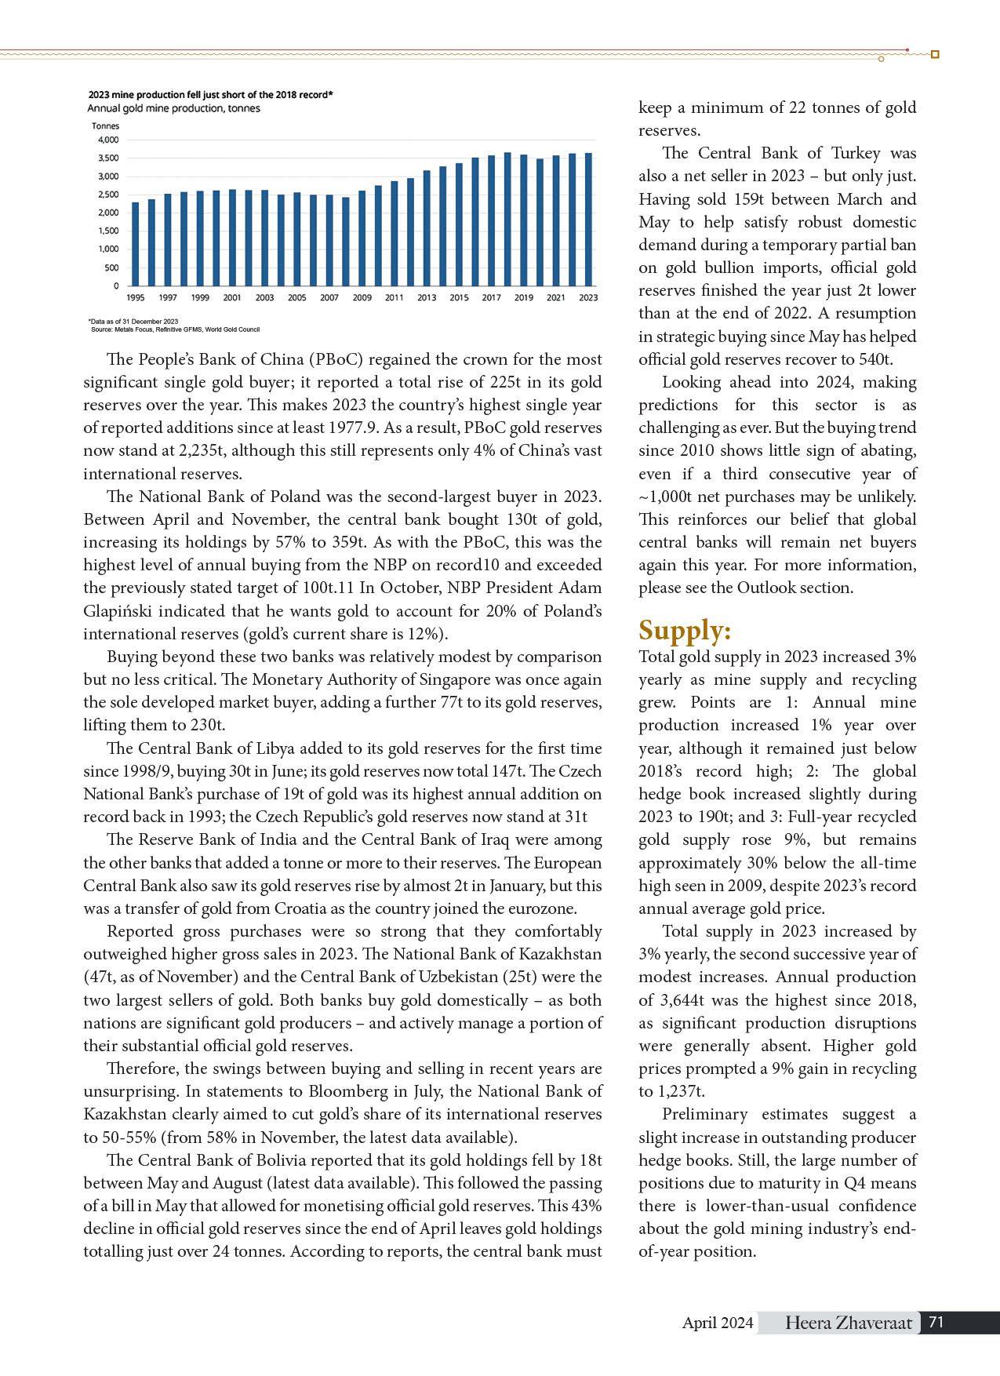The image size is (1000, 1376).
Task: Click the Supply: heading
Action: coord(685,631)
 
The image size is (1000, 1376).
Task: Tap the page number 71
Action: coord(936,1322)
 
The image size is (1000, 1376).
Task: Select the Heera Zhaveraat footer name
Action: coord(849,1323)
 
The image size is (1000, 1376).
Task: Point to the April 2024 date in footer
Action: coord(718,1323)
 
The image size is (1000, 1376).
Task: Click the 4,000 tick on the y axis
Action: coord(108,140)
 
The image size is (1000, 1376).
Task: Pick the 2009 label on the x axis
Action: coord(362,298)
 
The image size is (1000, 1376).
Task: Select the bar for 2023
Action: coord(588,220)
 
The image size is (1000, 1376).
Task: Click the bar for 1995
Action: coord(136,244)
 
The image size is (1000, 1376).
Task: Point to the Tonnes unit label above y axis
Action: coord(105,126)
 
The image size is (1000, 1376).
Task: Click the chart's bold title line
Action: coord(210,95)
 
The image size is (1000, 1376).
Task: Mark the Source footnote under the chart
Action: coord(175,329)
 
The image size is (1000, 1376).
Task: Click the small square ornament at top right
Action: coord(935,54)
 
